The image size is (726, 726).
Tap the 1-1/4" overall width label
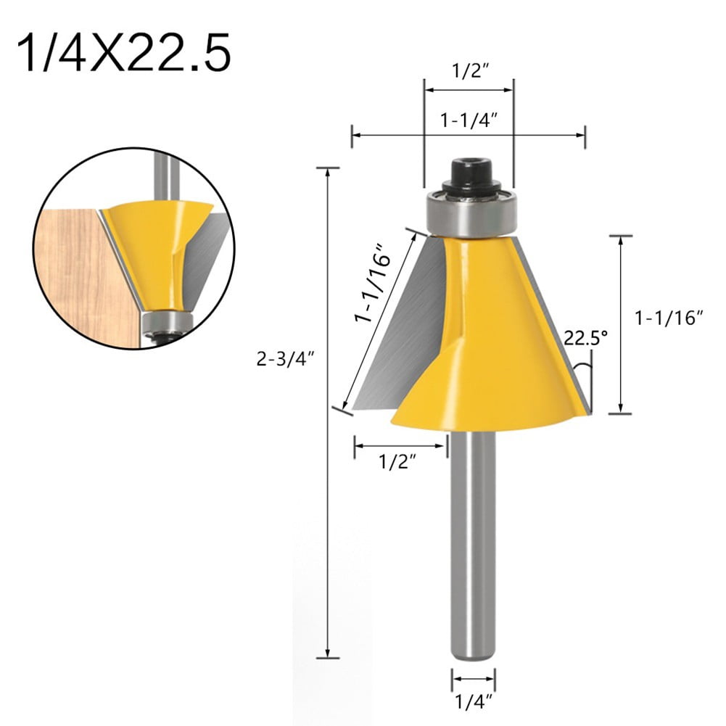(x=468, y=121)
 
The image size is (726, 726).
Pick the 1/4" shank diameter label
(x=474, y=702)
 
